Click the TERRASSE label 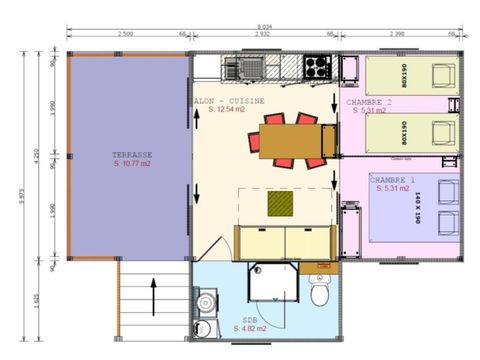132,155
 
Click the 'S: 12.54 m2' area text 219,109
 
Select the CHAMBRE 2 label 368,102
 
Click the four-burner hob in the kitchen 317,67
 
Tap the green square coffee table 281,204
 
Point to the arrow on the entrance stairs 153,297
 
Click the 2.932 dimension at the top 263,35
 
